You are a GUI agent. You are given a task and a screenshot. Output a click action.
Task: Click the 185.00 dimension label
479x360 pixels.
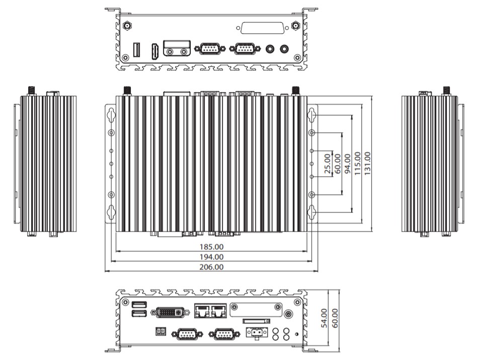click(x=211, y=247)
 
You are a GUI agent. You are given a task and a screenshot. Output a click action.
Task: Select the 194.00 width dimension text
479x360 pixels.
click(x=211, y=257)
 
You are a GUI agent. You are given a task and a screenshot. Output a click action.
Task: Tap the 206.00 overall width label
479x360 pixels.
click(x=211, y=267)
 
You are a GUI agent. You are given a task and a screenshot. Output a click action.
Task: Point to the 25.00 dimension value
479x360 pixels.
click(x=328, y=164)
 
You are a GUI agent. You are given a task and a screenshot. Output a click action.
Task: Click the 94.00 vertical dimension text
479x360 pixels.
click(x=348, y=164)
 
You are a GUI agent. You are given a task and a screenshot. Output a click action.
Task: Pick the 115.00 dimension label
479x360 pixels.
click(x=358, y=164)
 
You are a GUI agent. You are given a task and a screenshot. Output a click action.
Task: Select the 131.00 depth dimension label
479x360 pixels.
click(x=367, y=164)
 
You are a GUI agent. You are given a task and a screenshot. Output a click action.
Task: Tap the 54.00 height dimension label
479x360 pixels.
click(x=325, y=318)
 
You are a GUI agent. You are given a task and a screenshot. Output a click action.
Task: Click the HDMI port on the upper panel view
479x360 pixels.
click(x=155, y=52)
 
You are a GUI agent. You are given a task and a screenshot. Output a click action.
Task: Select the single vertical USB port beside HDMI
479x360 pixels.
click(x=136, y=50)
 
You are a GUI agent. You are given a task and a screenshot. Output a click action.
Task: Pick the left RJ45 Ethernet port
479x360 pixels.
click(x=202, y=311)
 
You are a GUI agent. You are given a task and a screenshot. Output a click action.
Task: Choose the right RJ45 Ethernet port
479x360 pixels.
click(x=218, y=311)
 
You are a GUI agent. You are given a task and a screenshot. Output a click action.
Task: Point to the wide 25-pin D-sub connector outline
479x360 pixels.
click(x=263, y=28)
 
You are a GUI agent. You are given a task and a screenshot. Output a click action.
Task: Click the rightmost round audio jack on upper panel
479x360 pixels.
click(x=284, y=48)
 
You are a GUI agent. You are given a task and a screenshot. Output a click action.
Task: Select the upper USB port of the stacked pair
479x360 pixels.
click(x=139, y=305)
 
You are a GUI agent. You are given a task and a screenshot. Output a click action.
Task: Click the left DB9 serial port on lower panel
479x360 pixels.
click(x=187, y=334)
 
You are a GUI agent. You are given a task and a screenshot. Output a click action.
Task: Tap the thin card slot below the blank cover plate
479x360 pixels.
click(x=257, y=321)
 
